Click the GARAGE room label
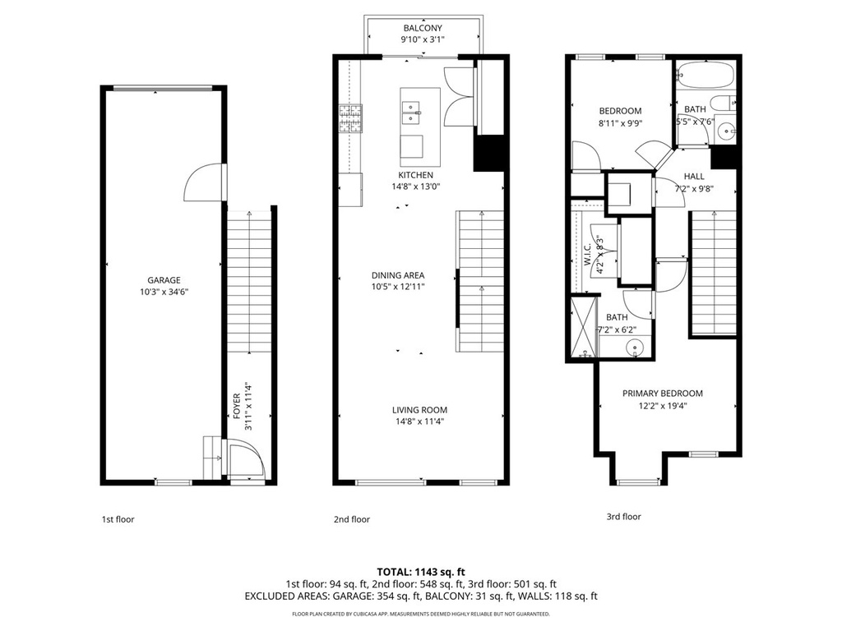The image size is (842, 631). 164,280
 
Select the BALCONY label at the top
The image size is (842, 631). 421,27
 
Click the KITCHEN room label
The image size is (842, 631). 415,175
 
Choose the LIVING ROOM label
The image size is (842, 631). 419,410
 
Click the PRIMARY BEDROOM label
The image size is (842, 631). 662,394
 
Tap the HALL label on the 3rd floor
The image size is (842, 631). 693,176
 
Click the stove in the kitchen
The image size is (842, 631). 349,119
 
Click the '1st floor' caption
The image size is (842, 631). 118,519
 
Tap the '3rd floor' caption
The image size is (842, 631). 623,517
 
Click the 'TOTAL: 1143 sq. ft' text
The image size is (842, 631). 421,571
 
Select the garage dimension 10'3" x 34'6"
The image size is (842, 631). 164,292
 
